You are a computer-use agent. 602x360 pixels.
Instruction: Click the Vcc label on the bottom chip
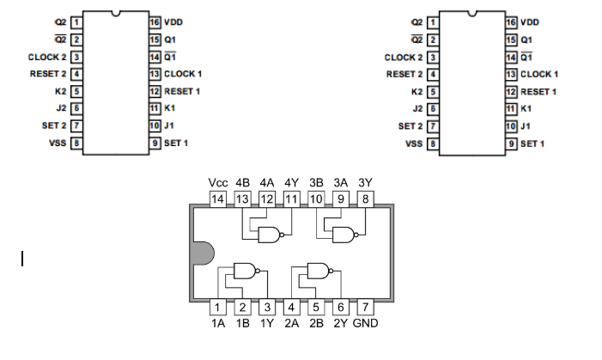[x=218, y=182]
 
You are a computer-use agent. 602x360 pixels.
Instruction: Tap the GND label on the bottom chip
[x=365, y=323]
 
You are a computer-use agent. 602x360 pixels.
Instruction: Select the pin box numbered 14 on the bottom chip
[x=218, y=199]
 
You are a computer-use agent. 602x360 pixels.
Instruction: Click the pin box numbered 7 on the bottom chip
[x=365, y=307]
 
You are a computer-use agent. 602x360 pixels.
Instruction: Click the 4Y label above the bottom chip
[x=291, y=182]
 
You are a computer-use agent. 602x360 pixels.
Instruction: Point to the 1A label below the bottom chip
[x=218, y=323]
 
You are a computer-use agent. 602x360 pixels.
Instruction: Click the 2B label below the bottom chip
[x=316, y=323]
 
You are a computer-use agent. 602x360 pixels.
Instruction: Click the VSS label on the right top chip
[x=414, y=143]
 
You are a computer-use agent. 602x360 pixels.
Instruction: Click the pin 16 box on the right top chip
[x=512, y=21]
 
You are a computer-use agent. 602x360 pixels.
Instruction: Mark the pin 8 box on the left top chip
[x=76, y=143]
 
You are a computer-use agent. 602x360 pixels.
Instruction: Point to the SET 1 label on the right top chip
[x=533, y=143]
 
